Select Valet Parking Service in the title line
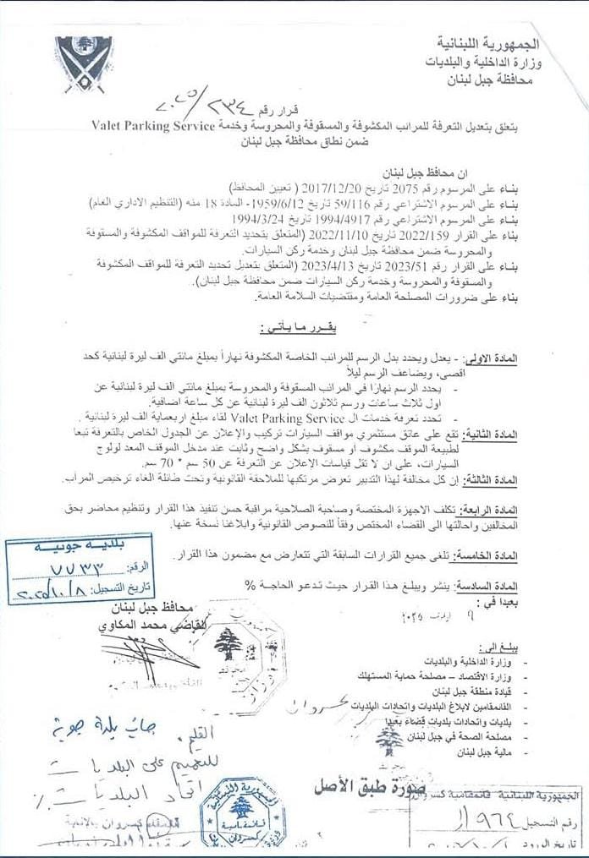pyautogui.click(x=162, y=125)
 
